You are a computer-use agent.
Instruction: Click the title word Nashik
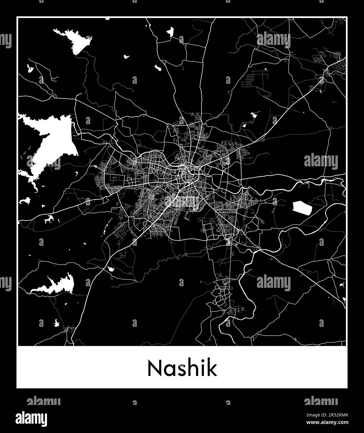(182, 369)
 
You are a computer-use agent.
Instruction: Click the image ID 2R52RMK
(336, 415)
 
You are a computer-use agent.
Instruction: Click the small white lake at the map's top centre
(170, 32)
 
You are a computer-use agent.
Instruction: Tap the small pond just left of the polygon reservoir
(275, 201)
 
